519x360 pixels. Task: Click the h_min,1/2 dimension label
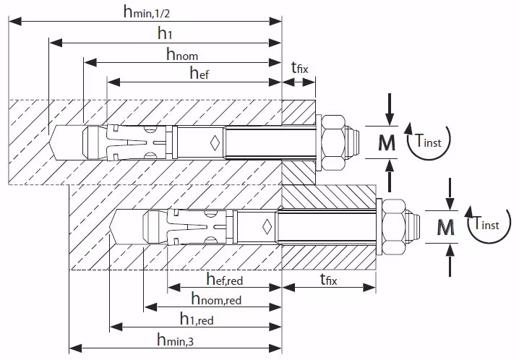(151, 12)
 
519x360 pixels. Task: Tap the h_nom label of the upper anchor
(181, 53)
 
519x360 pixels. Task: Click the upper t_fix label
(299, 68)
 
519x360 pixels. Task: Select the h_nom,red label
(216, 299)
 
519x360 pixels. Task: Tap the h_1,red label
(195, 319)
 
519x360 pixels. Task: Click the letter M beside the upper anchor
(388, 143)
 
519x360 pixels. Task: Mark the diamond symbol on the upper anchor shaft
(215, 141)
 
